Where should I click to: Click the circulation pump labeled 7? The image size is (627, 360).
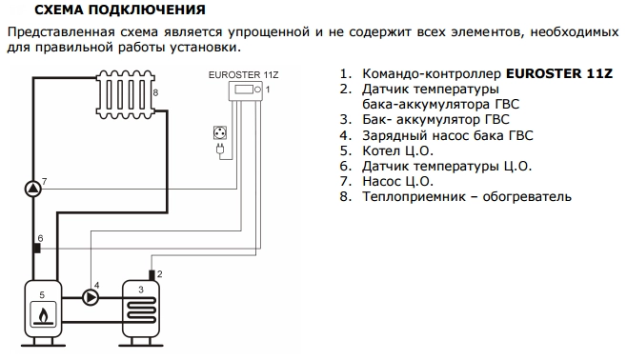32,187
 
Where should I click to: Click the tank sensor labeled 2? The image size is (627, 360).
151,274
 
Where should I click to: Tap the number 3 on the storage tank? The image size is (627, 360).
140,289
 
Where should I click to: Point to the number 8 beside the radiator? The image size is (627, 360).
155,92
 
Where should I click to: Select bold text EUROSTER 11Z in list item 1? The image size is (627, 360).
560,73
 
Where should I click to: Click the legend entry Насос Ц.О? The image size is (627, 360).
397,181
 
